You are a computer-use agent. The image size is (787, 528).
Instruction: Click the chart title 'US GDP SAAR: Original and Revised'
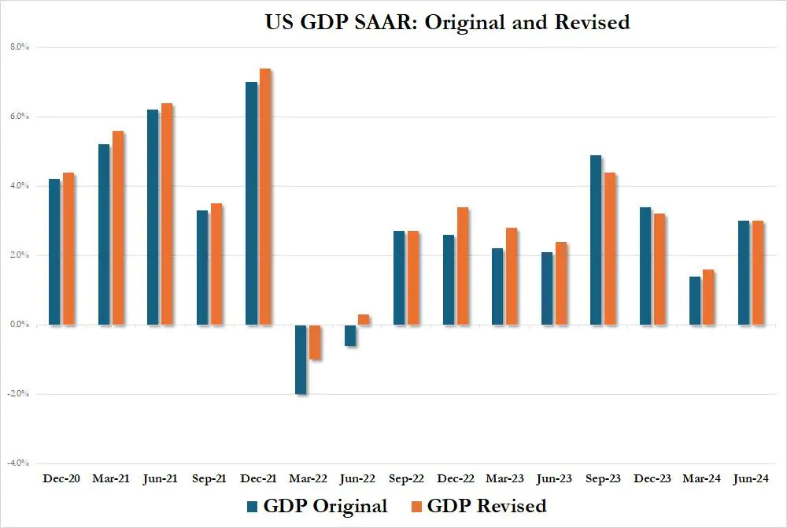(x=447, y=22)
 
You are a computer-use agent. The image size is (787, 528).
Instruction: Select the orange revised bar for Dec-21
(x=265, y=197)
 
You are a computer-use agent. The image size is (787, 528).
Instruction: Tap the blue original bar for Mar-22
(x=300, y=359)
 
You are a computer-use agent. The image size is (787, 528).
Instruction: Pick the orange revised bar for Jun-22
(x=364, y=319)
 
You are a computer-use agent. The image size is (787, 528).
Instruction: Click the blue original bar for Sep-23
(x=595, y=240)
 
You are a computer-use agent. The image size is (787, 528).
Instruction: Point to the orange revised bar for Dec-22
(x=462, y=266)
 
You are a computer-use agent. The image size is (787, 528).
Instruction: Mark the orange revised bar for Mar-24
(x=708, y=297)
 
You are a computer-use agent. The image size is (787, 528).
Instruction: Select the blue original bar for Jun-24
(x=743, y=273)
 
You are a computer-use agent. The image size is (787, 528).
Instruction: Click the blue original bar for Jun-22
(x=349, y=335)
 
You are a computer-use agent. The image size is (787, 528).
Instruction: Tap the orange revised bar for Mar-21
(x=118, y=228)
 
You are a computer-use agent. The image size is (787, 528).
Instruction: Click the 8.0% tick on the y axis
(x=19, y=47)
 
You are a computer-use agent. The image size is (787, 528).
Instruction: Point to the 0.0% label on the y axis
(x=19, y=325)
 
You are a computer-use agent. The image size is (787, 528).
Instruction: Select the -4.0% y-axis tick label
(x=19, y=463)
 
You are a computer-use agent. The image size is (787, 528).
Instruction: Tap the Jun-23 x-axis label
(x=554, y=478)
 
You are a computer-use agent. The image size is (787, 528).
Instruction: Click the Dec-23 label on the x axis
(x=652, y=478)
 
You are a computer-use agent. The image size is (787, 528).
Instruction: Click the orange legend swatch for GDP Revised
(x=416, y=506)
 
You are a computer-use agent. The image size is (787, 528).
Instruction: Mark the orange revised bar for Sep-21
(x=216, y=264)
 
